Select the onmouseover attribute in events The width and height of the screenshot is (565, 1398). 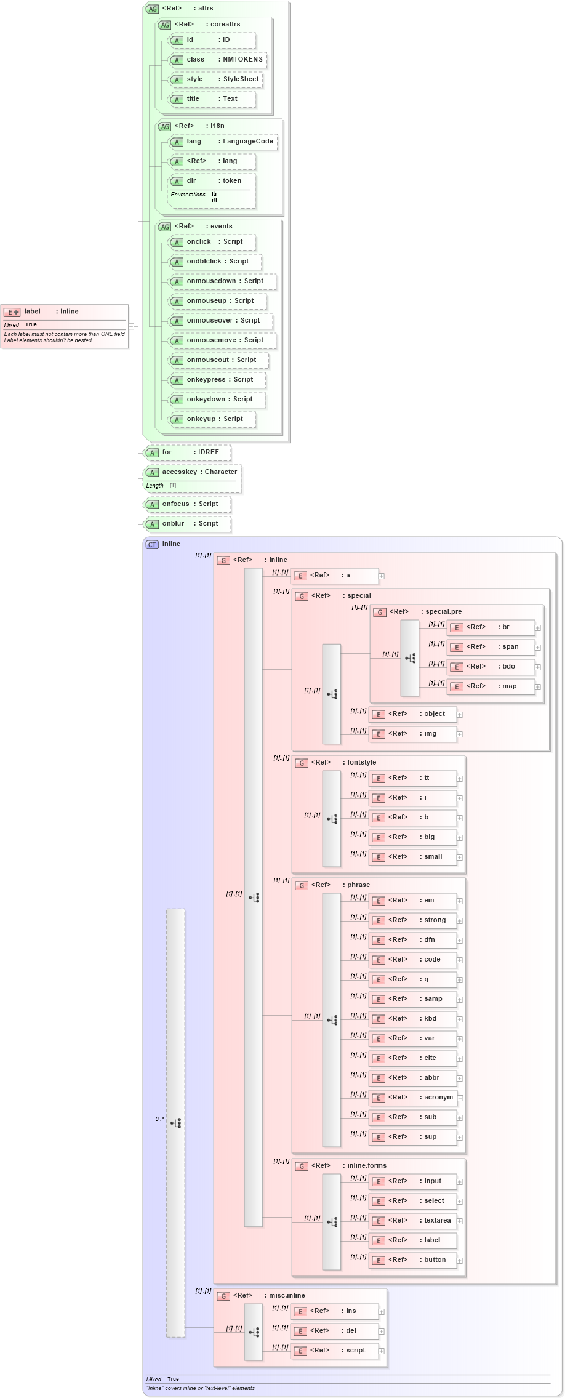click(x=221, y=321)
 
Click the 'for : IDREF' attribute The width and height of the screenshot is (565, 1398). click(x=187, y=452)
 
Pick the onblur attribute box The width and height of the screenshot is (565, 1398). click(x=187, y=524)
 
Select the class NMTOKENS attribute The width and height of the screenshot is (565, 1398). click(x=218, y=60)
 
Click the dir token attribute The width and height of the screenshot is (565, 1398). click(x=212, y=181)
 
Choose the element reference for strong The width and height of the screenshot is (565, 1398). click(x=413, y=920)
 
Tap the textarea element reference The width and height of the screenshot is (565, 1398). click(x=413, y=1221)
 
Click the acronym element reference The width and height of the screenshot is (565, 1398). click(x=413, y=1098)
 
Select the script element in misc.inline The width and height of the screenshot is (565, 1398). click(x=335, y=1351)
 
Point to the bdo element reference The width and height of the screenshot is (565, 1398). click(x=491, y=667)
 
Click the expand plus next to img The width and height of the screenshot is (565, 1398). click(x=460, y=734)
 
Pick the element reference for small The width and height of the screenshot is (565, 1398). click(x=413, y=857)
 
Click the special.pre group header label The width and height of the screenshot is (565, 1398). click(x=443, y=612)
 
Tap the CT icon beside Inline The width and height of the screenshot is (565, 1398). click(x=152, y=545)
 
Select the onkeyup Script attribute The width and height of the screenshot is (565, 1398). click(x=212, y=419)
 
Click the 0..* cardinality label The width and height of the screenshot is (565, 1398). click(x=159, y=1119)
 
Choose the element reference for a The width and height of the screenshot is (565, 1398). click(x=335, y=576)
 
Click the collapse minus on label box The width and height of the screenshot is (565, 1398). click(x=131, y=327)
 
